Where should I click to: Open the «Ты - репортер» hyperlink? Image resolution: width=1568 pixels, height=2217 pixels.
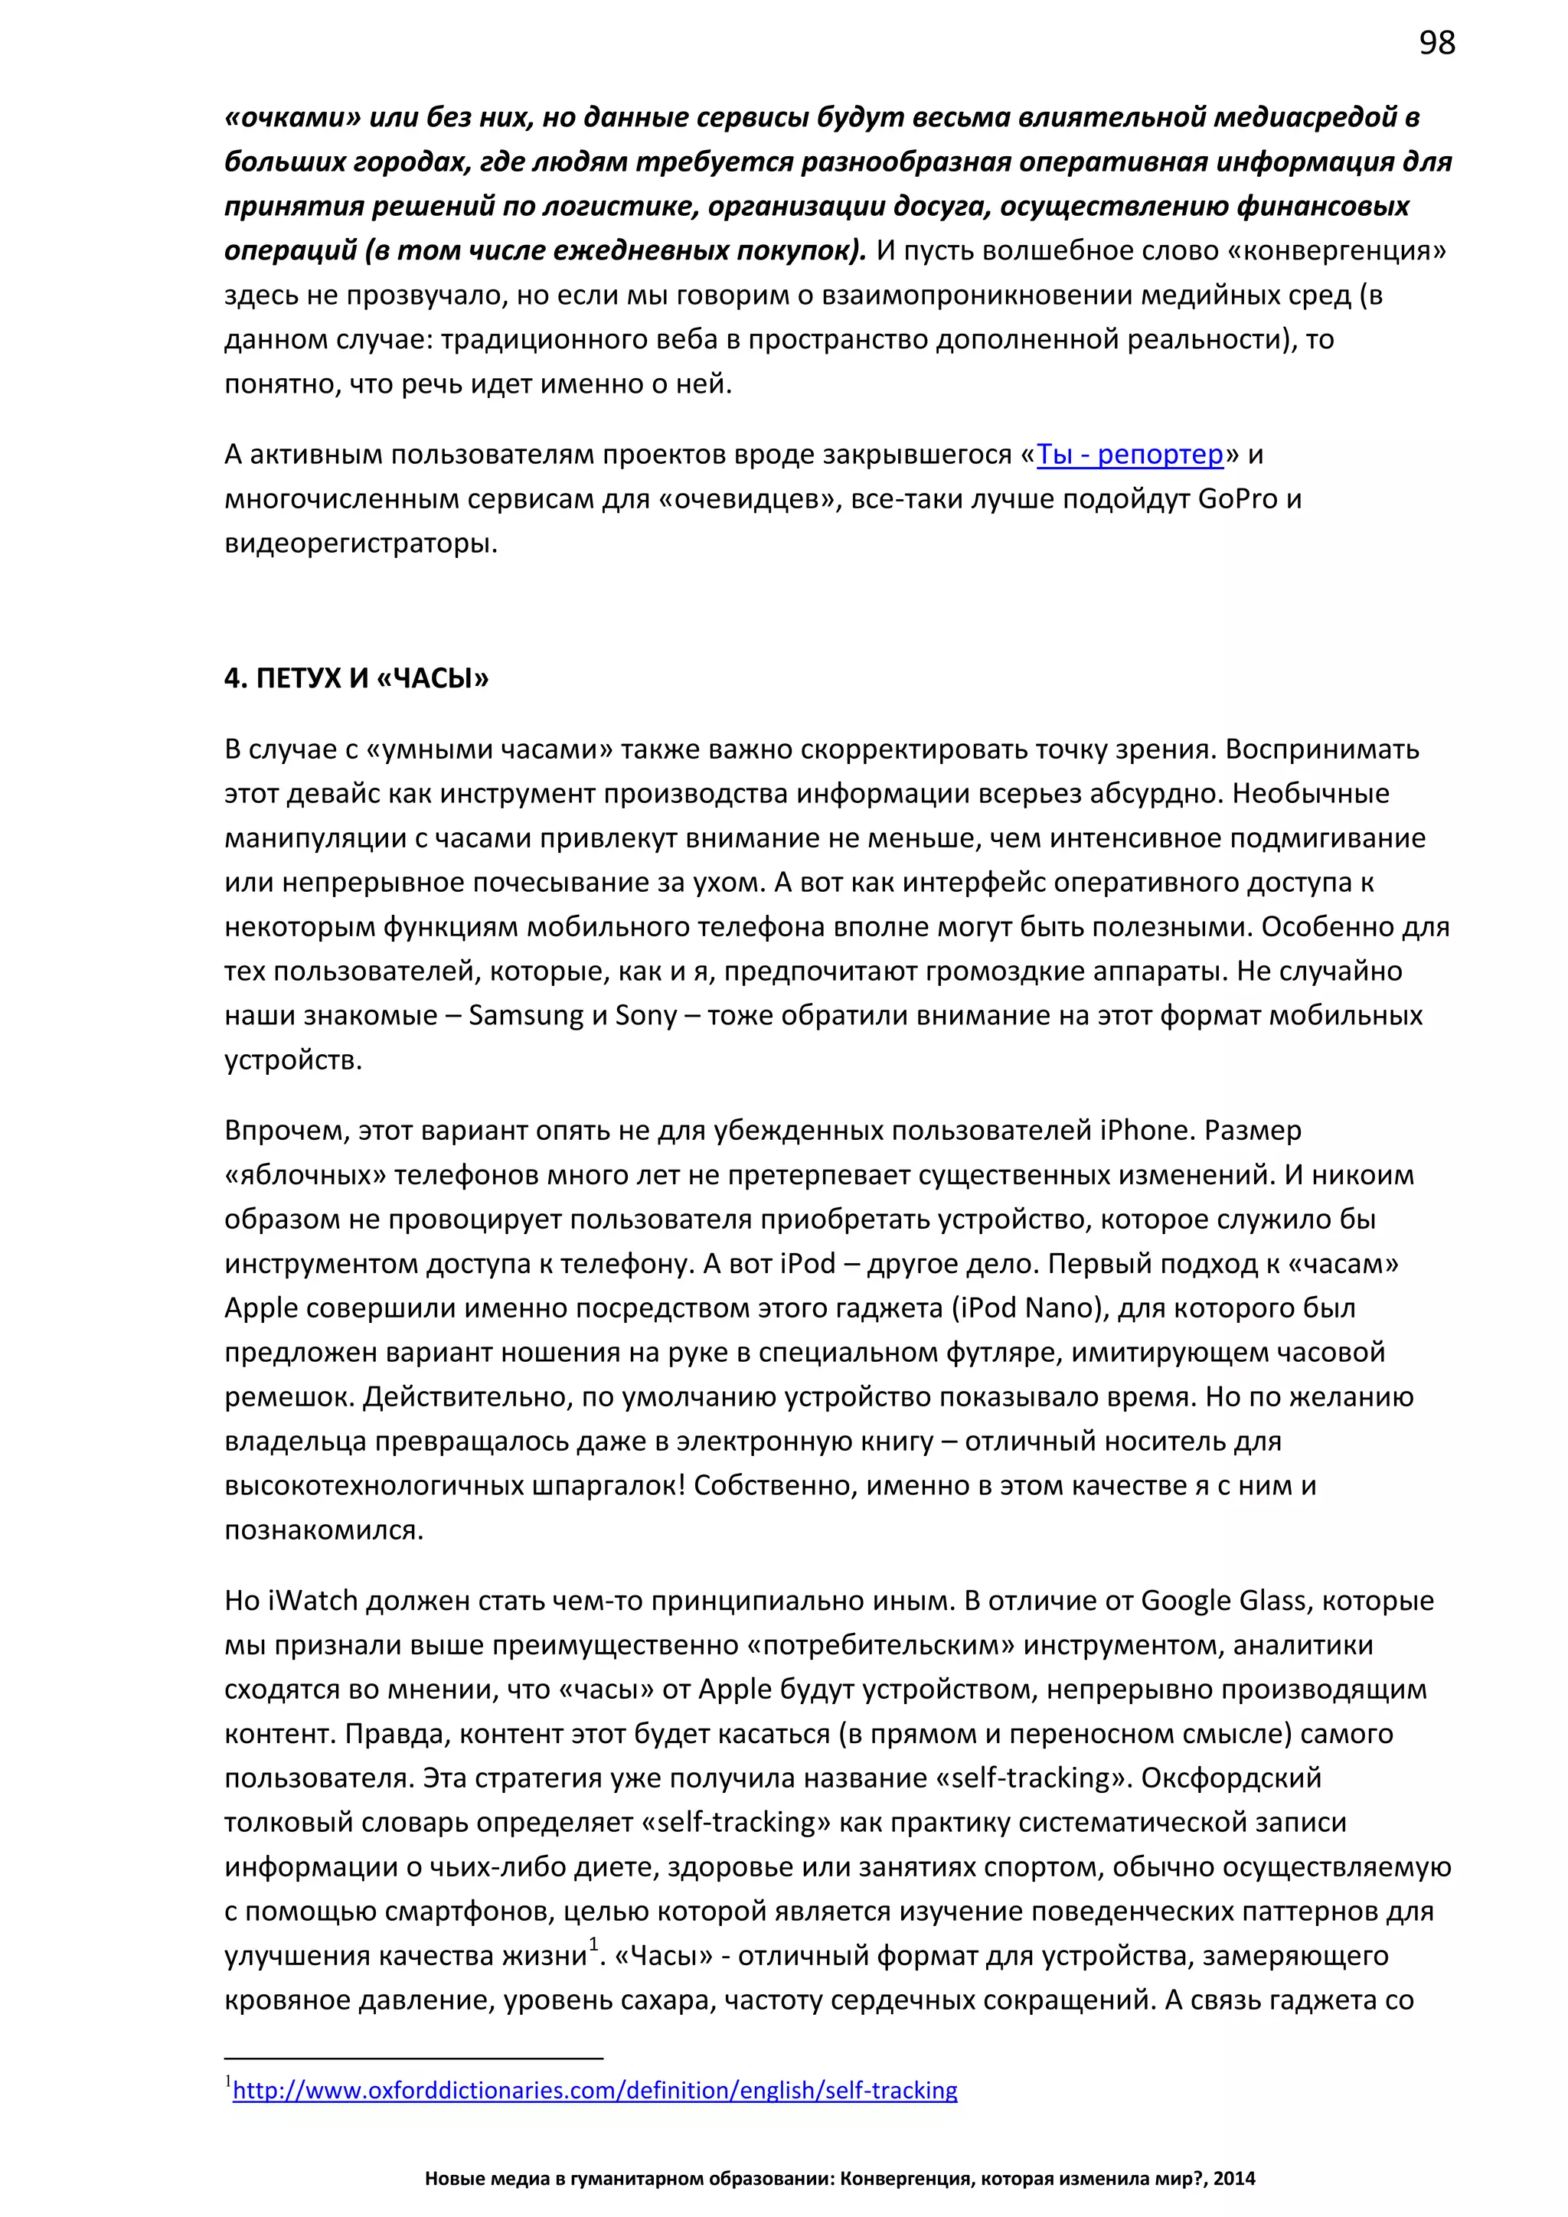[1129, 455]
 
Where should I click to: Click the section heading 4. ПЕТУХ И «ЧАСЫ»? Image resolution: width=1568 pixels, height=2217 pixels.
[356, 679]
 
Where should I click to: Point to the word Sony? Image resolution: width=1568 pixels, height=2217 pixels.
[646, 1016]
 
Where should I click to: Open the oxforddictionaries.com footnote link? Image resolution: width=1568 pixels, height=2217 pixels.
[595, 2091]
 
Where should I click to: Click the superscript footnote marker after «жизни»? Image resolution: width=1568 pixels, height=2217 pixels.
[594, 1944]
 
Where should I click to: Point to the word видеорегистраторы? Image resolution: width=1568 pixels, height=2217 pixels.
[361, 544]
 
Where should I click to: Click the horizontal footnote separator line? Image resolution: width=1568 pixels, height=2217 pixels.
[413, 2059]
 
